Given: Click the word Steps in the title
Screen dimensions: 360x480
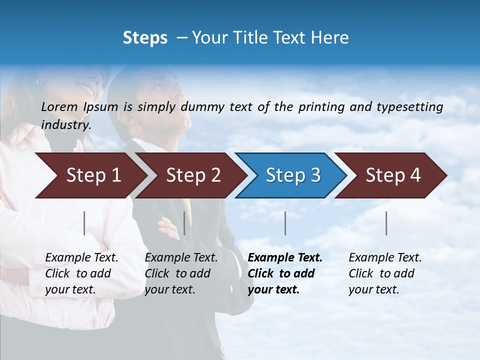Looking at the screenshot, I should [145, 38].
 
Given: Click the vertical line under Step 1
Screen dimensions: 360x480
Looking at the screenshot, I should [84, 223].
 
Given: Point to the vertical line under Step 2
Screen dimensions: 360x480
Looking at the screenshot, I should [184, 223].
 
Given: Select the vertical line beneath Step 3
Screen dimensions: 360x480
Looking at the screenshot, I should [285, 223].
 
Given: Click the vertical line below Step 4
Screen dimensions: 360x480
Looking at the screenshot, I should [386, 223].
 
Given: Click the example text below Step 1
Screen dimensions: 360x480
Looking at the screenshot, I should [81, 273].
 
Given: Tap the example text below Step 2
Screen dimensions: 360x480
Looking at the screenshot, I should [181, 273].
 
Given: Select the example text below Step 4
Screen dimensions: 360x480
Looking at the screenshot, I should [385, 273].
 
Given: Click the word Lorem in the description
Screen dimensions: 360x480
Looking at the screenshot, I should [59, 106].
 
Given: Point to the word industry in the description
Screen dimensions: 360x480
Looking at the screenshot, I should [66, 125].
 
